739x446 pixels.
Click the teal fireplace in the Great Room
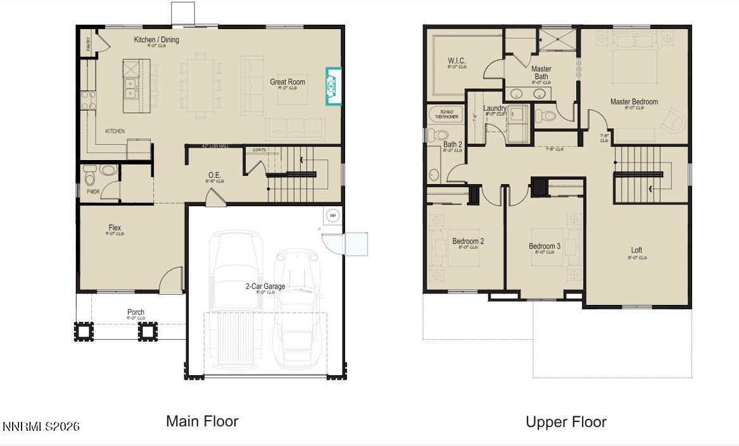coord(332,86)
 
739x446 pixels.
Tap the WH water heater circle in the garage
coord(332,216)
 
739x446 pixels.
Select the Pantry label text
coord(89,44)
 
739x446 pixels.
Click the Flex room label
coord(115,228)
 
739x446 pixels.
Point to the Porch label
coord(136,312)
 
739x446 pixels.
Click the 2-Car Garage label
coord(265,287)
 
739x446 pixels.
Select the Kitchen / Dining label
coord(156,40)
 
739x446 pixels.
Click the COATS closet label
coord(260,150)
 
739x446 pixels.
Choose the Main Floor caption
coord(202,421)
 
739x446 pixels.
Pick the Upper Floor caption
coord(566,422)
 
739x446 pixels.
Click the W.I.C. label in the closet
coord(457,61)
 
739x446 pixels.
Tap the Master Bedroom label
coord(634,102)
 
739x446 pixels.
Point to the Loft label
coord(636,251)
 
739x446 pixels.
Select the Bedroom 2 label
coord(468,241)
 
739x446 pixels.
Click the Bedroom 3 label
coord(545,246)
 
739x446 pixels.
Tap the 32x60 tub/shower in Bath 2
coord(446,115)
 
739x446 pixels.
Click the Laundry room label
coord(495,109)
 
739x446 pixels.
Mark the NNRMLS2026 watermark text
coord(41,426)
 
